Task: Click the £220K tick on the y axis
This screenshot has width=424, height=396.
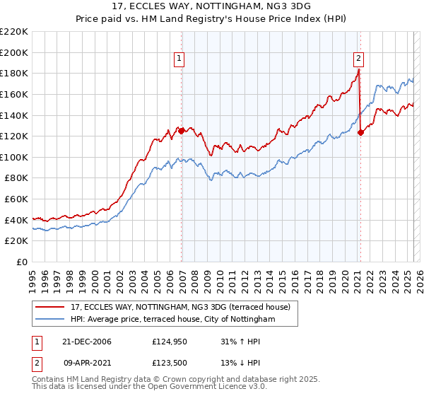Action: pyautogui.click(x=13, y=31)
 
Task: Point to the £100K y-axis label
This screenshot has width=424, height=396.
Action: pyautogui.click(x=13, y=157)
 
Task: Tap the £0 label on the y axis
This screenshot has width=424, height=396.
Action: pyautogui.click(x=23, y=262)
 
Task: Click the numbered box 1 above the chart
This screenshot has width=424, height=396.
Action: pyautogui.click(x=179, y=59)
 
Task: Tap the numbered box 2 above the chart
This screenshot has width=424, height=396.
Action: pyautogui.click(x=359, y=59)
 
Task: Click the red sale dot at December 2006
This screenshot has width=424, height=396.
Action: pyautogui.click(x=182, y=130)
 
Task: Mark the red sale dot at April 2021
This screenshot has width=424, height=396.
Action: pyautogui.click(x=360, y=132)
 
